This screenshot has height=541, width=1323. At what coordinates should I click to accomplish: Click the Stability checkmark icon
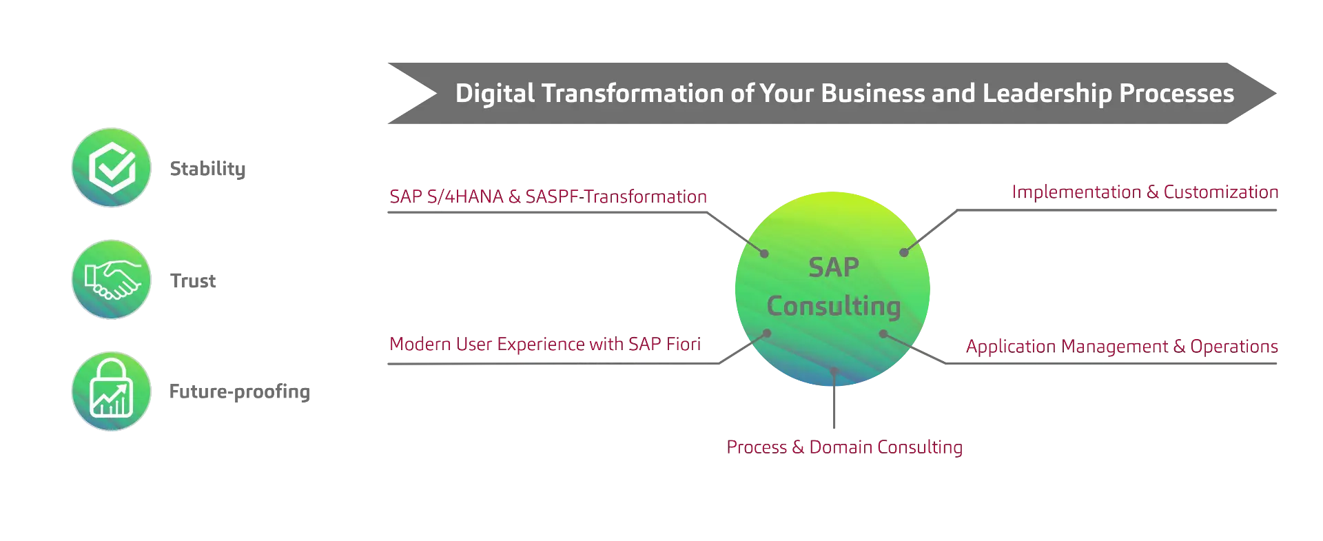pyautogui.click(x=112, y=167)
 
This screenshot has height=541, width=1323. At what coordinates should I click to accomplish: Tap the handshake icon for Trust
pyautogui.click(x=112, y=279)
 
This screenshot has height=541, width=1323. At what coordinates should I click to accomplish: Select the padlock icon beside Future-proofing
pyautogui.click(x=112, y=391)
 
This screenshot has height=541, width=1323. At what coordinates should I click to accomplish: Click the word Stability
pyautogui.click(x=207, y=169)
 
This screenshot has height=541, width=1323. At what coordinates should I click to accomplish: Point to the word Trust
pyautogui.click(x=193, y=280)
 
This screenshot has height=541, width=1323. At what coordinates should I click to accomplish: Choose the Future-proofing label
pyautogui.click(x=240, y=392)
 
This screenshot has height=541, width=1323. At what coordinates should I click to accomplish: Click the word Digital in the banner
pyautogui.click(x=495, y=94)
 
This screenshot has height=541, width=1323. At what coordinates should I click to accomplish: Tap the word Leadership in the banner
pyautogui.click(x=1047, y=94)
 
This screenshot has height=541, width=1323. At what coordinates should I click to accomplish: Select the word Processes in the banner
pyautogui.click(x=1176, y=94)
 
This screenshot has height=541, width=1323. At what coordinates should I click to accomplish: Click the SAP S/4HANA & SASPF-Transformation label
pyautogui.click(x=548, y=197)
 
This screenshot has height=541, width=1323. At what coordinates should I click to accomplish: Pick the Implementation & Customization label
pyautogui.click(x=1145, y=192)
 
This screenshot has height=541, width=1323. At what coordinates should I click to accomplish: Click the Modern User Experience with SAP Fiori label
pyautogui.click(x=545, y=344)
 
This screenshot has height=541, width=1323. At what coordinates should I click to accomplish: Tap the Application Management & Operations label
pyautogui.click(x=1122, y=347)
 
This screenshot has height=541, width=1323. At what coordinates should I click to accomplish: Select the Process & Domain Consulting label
pyautogui.click(x=844, y=447)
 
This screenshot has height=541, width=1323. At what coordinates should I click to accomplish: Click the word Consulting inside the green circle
pyautogui.click(x=834, y=306)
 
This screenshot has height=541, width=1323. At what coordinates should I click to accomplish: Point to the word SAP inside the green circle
pyautogui.click(x=834, y=267)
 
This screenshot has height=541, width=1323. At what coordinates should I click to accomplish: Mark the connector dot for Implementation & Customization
pyautogui.click(x=904, y=252)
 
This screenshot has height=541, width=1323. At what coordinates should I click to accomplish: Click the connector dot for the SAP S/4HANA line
pyautogui.click(x=764, y=254)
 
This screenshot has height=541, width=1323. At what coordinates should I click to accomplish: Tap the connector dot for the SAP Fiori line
pyautogui.click(x=767, y=334)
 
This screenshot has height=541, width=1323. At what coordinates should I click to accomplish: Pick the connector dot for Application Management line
pyautogui.click(x=883, y=334)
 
